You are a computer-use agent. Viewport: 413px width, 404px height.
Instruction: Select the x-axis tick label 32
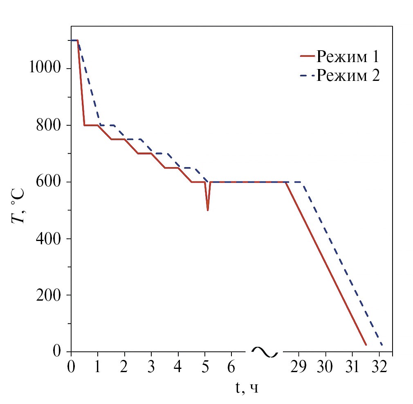[x=379, y=366]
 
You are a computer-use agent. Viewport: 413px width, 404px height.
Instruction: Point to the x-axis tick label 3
[x=151, y=366]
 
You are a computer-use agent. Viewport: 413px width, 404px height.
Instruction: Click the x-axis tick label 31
[x=352, y=366]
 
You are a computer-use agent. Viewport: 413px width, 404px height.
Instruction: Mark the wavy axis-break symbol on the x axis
[x=265, y=352]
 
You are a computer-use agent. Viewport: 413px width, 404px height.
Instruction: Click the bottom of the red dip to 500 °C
[x=208, y=210]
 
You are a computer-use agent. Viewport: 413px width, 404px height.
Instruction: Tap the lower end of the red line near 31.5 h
[x=366, y=344]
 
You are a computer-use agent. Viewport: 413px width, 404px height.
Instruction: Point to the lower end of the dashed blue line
[x=382, y=345]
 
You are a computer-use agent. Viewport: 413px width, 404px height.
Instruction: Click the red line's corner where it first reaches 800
[x=84, y=125]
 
